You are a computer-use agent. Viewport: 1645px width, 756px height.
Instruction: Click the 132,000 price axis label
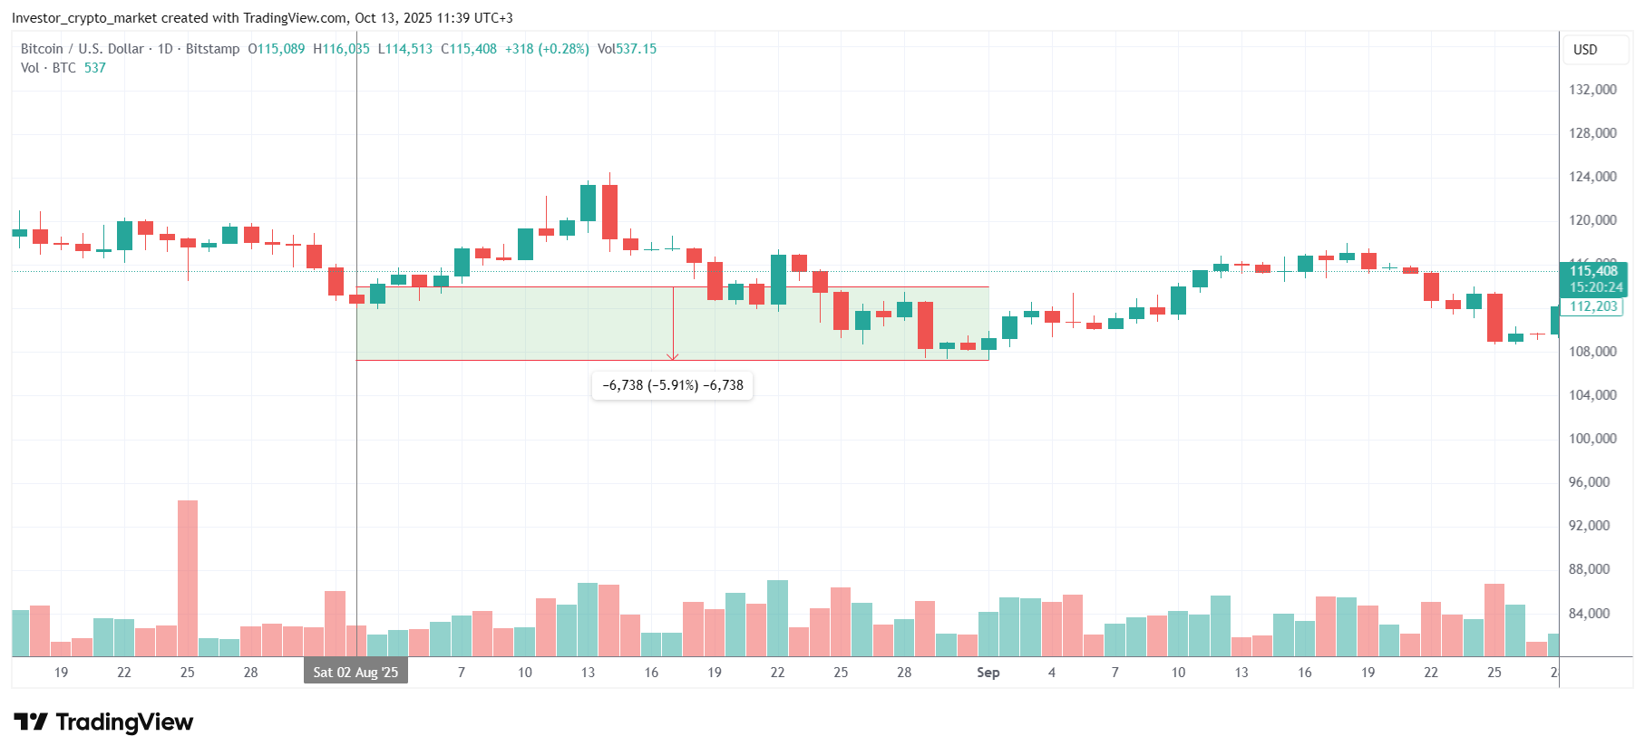[1592, 90]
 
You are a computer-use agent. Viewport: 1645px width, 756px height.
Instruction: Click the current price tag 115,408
[1593, 271]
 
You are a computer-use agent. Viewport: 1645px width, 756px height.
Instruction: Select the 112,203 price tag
[1593, 306]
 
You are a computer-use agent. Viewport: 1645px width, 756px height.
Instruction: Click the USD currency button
[1585, 50]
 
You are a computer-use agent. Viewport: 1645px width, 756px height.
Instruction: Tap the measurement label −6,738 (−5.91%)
[672, 385]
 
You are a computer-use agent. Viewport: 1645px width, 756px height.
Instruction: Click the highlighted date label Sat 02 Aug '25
[355, 673]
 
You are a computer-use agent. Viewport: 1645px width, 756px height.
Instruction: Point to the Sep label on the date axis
[988, 673]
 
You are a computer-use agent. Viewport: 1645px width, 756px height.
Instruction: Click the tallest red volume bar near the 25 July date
[188, 578]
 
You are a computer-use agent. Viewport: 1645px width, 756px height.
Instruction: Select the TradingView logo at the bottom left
[103, 722]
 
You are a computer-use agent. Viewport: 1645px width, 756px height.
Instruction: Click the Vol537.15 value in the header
[627, 49]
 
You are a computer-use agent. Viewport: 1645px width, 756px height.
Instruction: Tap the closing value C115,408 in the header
[469, 49]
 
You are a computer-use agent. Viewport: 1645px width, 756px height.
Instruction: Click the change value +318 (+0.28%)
[547, 49]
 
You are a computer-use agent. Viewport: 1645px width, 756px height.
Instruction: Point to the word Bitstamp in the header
[212, 49]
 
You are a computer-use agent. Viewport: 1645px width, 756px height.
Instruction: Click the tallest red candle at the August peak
[609, 212]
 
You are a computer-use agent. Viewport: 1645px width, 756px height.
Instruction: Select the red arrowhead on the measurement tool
[673, 356]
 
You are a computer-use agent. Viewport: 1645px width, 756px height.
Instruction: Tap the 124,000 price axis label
[1592, 177]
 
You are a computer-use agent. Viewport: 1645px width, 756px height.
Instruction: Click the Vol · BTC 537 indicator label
[63, 68]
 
